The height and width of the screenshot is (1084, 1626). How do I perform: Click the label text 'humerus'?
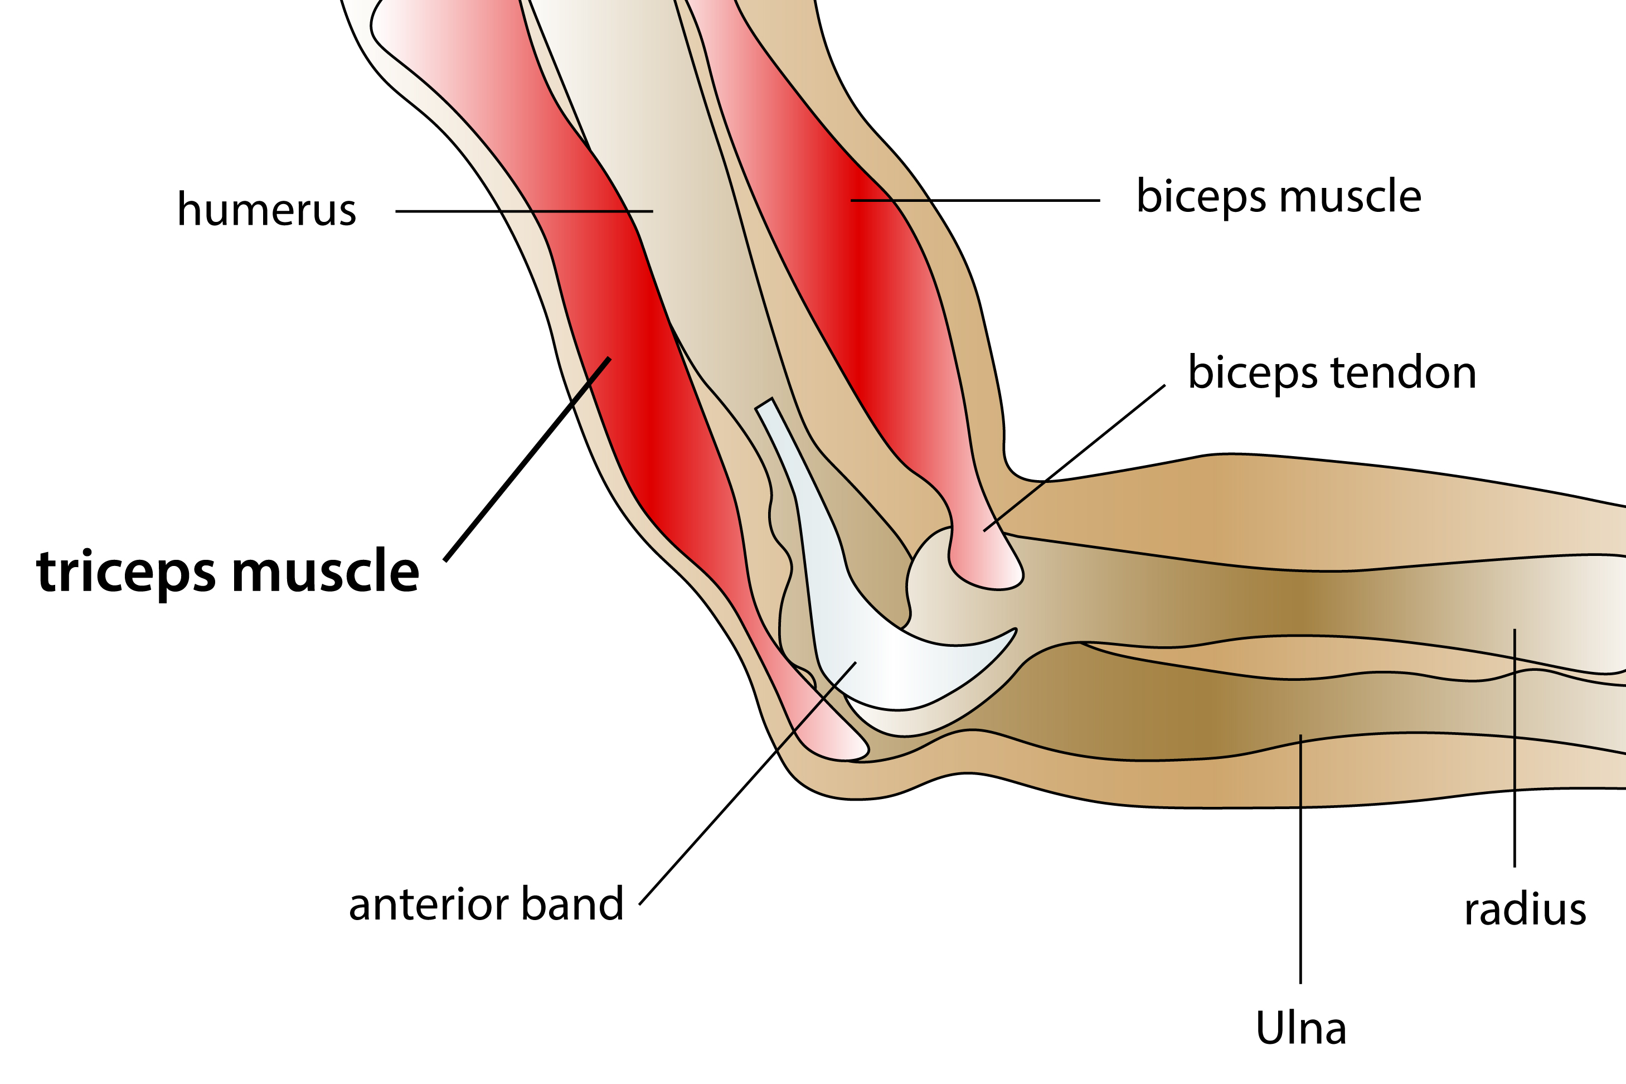[267, 210]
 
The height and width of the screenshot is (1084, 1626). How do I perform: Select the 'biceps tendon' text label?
[1332, 373]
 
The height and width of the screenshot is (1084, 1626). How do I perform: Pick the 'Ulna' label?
[1300, 1028]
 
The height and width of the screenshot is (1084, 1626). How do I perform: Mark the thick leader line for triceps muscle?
[527, 459]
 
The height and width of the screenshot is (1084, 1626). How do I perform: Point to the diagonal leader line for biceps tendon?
[1075, 458]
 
